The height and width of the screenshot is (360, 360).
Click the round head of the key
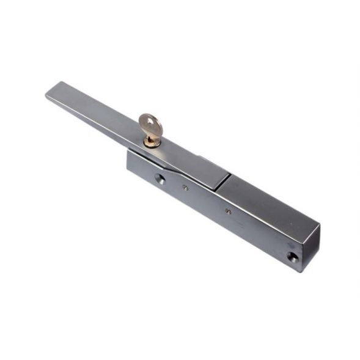click(x=151, y=124)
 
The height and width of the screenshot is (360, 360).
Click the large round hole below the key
click(x=160, y=179)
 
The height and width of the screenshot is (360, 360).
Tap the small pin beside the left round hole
click(x=185, y=189)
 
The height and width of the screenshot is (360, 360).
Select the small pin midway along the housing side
click(x=227, y=211)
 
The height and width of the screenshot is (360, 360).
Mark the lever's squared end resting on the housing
click(x=214, y=177)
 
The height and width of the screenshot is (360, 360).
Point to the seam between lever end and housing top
click(x=224, y=182)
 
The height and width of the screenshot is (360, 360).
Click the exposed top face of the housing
click(x=269, y=202)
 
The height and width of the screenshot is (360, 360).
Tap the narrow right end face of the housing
click(x=310, y=248)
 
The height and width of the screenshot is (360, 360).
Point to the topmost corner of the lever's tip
click(x=61, y=82)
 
